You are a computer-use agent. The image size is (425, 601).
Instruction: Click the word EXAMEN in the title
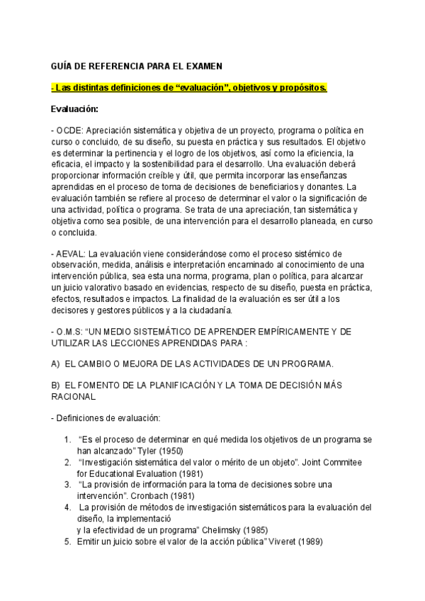(x=201, y=66)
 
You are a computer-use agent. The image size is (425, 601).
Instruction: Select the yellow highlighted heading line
(x=189, y=87)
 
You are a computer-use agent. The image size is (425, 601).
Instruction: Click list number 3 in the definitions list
(x=67, y=484)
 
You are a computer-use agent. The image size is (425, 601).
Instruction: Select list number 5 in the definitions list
(x=67, y=542)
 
